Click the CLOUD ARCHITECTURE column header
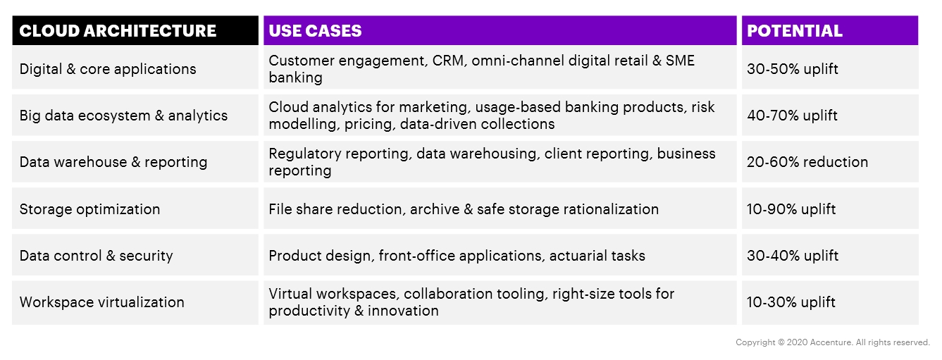118,31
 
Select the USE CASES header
315,31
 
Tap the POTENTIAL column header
794,31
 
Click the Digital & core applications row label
108,69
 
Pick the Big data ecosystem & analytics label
123,116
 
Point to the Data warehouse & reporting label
113,162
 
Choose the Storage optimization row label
89,209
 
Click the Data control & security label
96,256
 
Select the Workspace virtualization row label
101,302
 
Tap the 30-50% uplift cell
793,69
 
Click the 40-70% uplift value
792,116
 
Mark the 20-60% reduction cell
807,162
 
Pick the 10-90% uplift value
791,209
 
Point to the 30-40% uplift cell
793,256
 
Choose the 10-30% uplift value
791,302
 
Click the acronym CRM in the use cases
449,61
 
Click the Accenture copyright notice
833,343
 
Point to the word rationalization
611,209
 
